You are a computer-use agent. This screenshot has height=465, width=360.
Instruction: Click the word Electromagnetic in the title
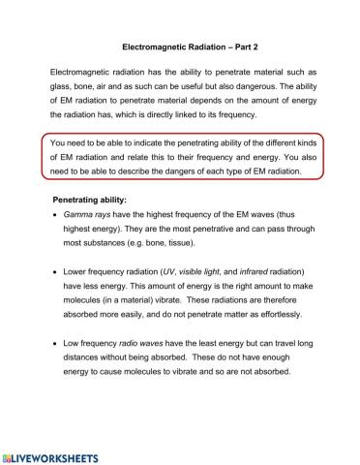point(156,45)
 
